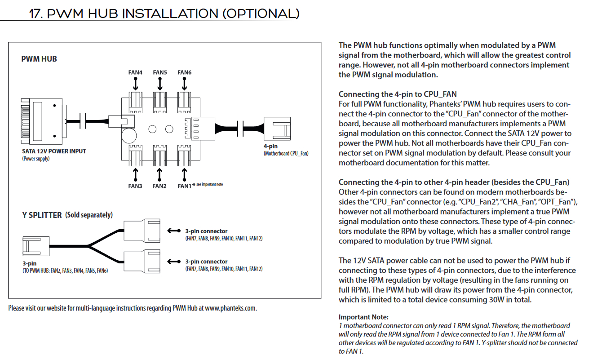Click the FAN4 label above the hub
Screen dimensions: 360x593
(x=135, y=72)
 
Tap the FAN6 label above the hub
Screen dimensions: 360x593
(x=184, y=72)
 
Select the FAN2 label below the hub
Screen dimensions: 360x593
(x=159, y=186)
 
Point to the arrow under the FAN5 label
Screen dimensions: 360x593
(x=160, y=84)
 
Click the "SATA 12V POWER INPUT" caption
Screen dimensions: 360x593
(x=54, y=151)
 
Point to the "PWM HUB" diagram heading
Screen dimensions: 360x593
(x=39, y=59)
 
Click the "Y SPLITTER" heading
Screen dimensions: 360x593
(x=42, y=215)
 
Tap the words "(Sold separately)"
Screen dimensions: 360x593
(x=89, y=215)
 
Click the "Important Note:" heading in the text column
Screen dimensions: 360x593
(x=363, y=317)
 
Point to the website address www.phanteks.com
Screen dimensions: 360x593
(x=230, y=308)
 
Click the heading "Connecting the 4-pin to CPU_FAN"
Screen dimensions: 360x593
(x=398, y=94)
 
